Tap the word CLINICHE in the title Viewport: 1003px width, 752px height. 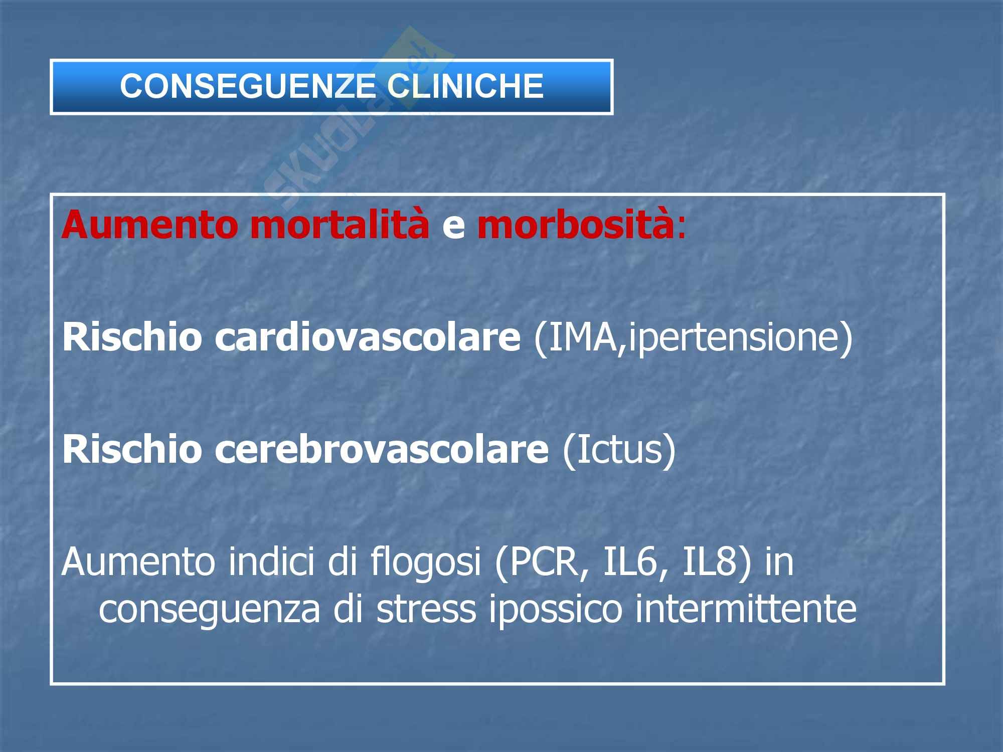pyautogui.click(x=465, y=86)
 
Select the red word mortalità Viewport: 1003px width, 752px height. pyautogui.click(x=340, y=225)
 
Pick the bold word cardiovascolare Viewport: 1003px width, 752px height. pyautogui.click(x=368, y=337)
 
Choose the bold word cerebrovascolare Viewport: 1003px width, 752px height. pyautogui.click(x=382, y=449)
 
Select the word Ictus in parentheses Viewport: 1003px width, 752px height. pyautogui.click(x=618, y=449)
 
